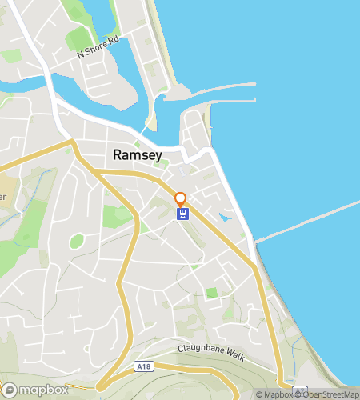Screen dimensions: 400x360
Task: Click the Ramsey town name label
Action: pos(138,154)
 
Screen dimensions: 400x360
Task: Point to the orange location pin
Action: pos(181,198)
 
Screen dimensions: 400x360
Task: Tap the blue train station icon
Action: pos(182,214)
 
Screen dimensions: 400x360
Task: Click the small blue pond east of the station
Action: pos(226,216)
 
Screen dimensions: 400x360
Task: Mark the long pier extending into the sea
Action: pos(308,220)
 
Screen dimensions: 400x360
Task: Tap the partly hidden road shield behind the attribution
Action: pos(299,391)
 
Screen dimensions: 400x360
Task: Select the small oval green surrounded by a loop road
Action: pos(77,240)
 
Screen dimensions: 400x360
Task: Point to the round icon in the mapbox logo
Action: pos(10,390)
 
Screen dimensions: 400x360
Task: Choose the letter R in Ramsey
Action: pos(118,154)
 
